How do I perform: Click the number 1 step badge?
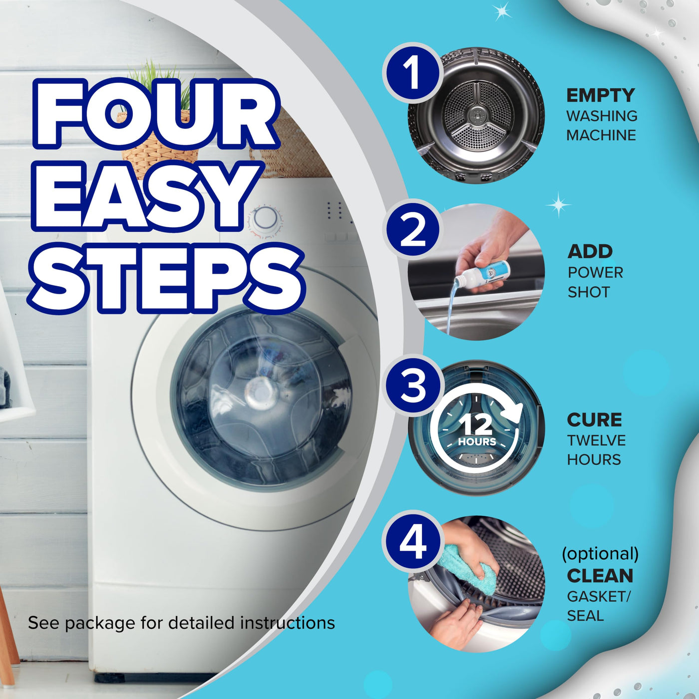(x=413, y=73)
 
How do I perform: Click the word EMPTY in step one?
(x=600, y=96)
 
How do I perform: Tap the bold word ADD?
(x=590, y=252)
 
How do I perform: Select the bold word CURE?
(x=594, y=420)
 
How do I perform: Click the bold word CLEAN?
(x=600, y=576)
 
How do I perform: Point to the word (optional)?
(x=600, y=554)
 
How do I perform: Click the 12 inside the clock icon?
(x=475, y=424)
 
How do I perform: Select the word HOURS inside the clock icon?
(x=477, y=442)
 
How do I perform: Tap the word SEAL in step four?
(x=586, y=616)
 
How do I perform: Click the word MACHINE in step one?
(x=601, y=135)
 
